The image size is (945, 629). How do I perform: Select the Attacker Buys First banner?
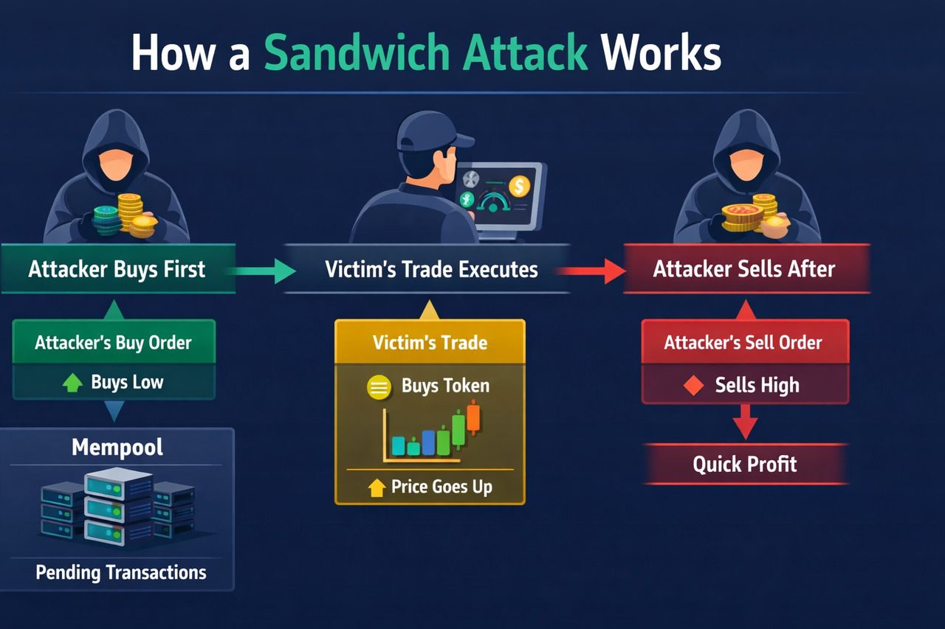(117, 269)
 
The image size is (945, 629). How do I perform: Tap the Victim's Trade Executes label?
(431, 269)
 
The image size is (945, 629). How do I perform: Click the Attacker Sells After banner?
(743, 269)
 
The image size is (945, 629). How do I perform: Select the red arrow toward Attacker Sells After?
(591, 271)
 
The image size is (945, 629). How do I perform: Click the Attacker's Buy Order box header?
(113, 343)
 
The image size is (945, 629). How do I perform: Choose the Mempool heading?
(117, 447)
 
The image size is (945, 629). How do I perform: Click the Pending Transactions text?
(121, 572)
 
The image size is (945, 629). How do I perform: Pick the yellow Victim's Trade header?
(430, 342)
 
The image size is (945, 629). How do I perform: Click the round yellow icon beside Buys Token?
(379, 387)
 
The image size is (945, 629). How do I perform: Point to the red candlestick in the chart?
(473, 420)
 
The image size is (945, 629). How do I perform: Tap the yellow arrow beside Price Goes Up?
(377, 487)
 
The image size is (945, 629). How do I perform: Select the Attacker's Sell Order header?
(743, 343)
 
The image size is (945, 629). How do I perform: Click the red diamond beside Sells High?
(693, 386)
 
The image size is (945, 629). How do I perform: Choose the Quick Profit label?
(745, 465)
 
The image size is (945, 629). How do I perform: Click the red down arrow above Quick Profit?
(745, 425)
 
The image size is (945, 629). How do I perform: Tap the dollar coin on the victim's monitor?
(519, 186)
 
